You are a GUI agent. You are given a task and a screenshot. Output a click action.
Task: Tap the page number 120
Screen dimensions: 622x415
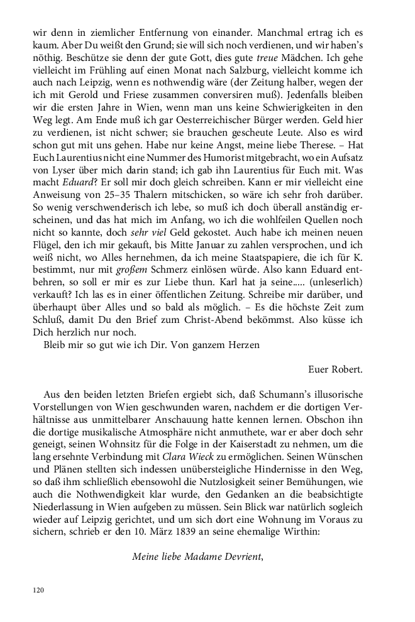coord(39,591)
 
